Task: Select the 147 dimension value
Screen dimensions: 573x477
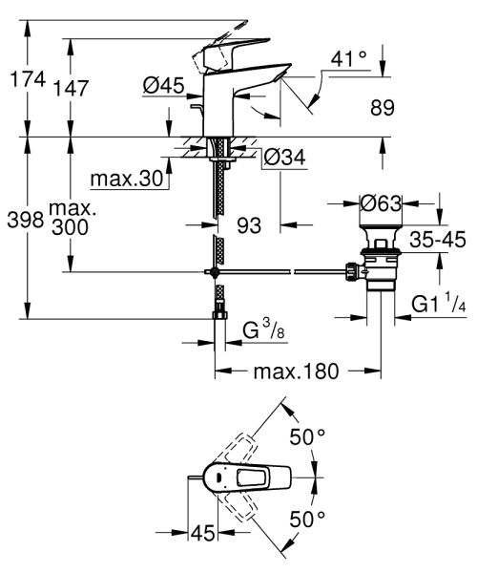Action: (x=73, y=88)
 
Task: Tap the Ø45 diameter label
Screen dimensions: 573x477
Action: (x=163, y=86)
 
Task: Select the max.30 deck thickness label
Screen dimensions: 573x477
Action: (x=127, y=179)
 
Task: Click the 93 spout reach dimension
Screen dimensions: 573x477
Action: (x=248, y=224)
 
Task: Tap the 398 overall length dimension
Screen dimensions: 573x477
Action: (x=23, y=221)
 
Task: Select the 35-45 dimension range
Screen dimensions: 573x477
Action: (x=438, y=241)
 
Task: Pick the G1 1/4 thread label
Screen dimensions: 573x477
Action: (x=437, y=307)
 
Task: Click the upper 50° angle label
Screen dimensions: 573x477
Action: (x=308, y=436)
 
